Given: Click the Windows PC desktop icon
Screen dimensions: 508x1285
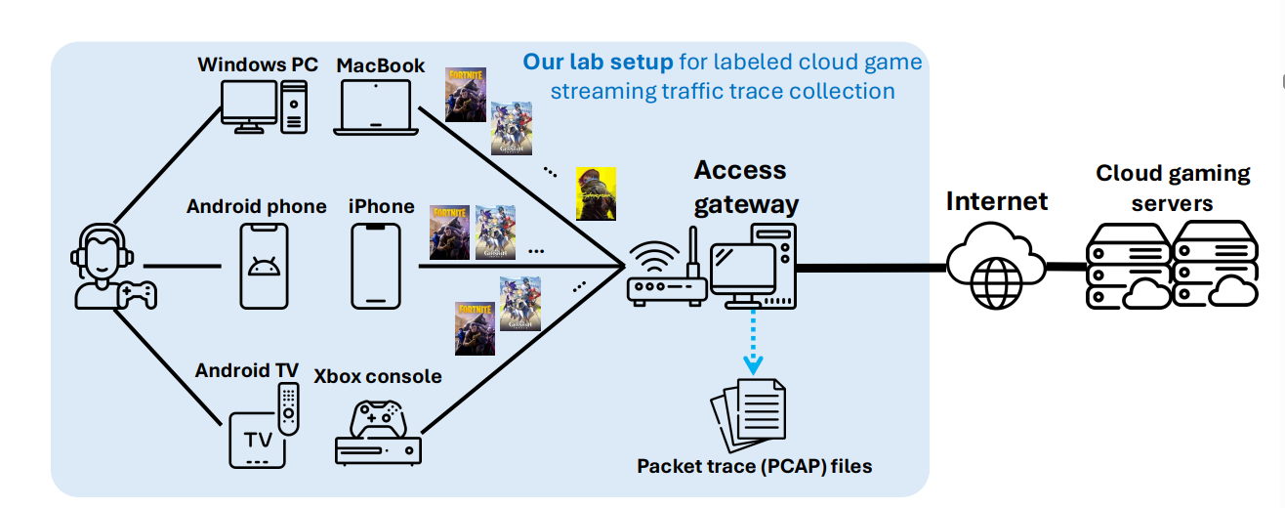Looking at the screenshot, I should point(265,106).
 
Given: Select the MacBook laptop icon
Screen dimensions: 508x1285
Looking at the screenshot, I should point(375,106).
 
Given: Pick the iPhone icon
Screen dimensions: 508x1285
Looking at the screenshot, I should point(376,265).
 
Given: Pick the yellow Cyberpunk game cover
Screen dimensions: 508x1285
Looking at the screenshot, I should point(596,193).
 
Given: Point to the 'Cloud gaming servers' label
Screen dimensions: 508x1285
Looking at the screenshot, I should point(1173,189).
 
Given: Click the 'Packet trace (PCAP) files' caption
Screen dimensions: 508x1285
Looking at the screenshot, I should point(754,466).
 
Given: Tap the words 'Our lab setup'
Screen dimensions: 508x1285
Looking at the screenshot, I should point(598,63).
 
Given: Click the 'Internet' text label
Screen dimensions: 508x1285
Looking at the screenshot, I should point(996,201).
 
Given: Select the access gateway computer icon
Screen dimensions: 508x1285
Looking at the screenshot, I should point(752,264).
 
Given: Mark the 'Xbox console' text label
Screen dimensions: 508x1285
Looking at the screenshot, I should point(377,376).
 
